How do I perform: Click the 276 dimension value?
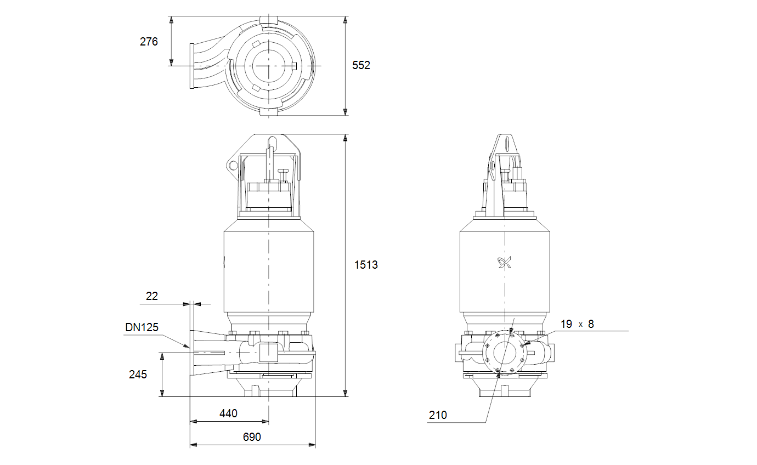[x=149, y=42]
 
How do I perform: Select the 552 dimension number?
[x=361, y=65]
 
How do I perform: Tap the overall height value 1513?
[x=366, y=265]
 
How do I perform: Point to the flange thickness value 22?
[x=152, y=296]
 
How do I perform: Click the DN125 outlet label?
[x=142, y=327]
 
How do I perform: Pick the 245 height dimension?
[x=138, y=375]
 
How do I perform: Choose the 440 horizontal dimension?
[x=228, y=413]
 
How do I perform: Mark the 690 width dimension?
[x=252, y=437]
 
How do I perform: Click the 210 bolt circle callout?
[x=438, y=415]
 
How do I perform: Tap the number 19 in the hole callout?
[x=567, y=324]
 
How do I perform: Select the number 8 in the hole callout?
[x=591, y=324]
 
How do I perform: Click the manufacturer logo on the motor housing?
[x=505, y=263]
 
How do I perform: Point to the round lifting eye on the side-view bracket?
[x=233, y=166]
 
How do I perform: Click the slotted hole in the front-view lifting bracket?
[x=506, y=145]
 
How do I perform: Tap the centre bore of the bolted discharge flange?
[x=505, y=353]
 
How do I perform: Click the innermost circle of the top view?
[x=269, y=66]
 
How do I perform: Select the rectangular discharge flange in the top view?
[x=192, y=66]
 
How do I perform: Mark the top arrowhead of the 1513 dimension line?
[x=345, y=138]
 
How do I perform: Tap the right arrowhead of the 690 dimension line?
[x=312, y=445]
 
